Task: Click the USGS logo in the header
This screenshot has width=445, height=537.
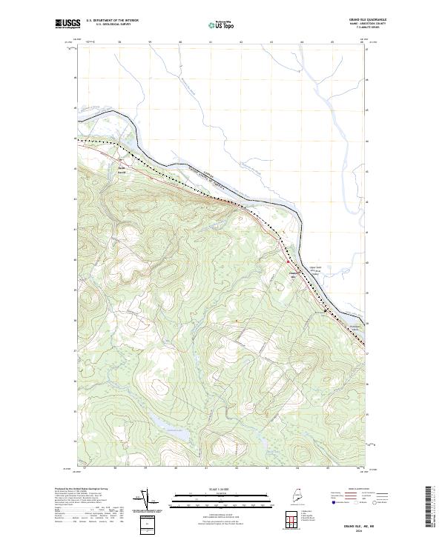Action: click(67, 23)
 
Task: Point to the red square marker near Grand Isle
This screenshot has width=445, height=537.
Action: click(288, 261)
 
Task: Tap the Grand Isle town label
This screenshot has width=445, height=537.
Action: click(294, 272)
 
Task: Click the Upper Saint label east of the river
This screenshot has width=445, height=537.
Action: click(313, 270)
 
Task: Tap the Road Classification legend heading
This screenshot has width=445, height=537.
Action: click(352, 490)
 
